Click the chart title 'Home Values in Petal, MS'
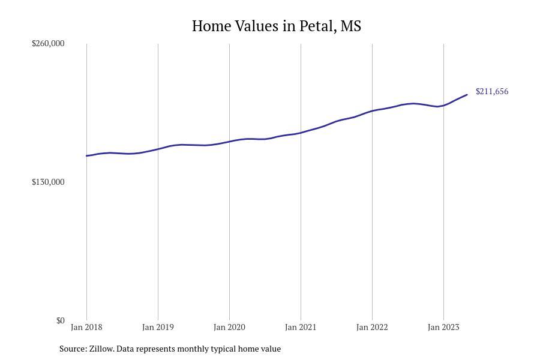pos(276,26)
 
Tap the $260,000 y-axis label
pos(48,43)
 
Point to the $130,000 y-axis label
pos(48,182)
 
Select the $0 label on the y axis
pos(60,320)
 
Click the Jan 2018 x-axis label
pos(86,327)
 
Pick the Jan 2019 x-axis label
pos(158,327)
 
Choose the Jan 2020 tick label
pos(229,327)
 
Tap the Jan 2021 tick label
pos(301,327)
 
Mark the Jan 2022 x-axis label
pos(372,327)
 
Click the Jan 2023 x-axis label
pos(443,327)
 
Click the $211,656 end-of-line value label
pos(492,91)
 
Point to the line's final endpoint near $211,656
pos(467,95)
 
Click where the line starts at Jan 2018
pos(86,156)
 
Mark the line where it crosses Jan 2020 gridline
pos(229,142)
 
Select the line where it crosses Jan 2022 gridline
pos(372,111)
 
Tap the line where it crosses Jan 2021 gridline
pos(301,133)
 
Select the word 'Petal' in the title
pos(316,26)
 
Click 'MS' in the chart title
pos(351,26)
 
